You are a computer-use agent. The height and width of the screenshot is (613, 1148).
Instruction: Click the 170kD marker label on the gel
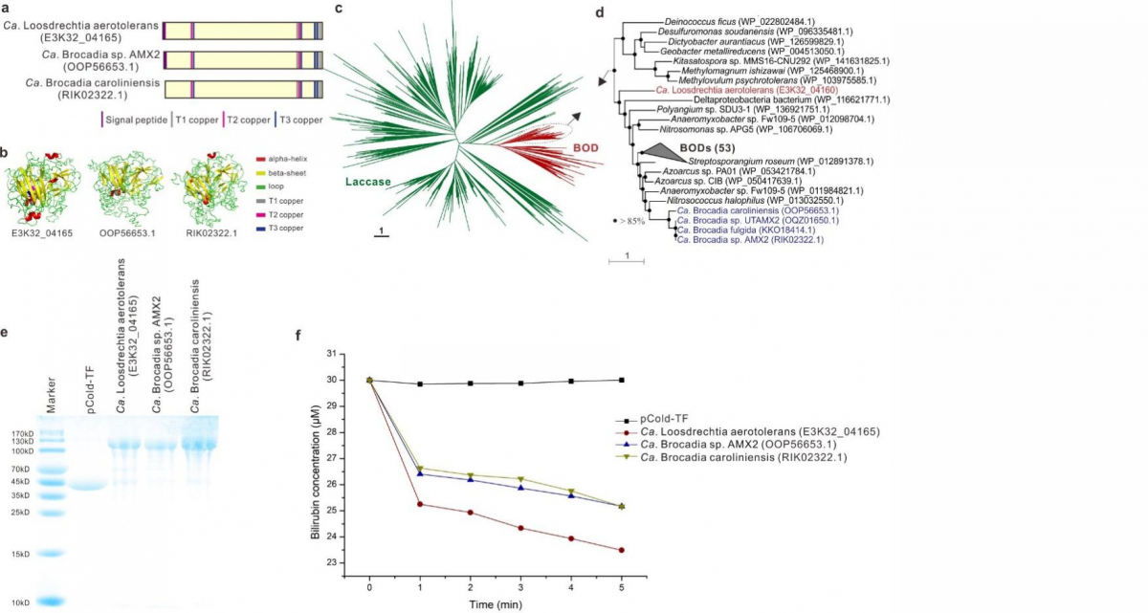pyautogui.click(x=22, y=432)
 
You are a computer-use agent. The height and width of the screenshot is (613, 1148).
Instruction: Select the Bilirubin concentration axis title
pyautogui.click(x=316, y=458)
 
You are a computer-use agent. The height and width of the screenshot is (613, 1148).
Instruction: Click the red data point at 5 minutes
pyautogui.click(x=622, y=550)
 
